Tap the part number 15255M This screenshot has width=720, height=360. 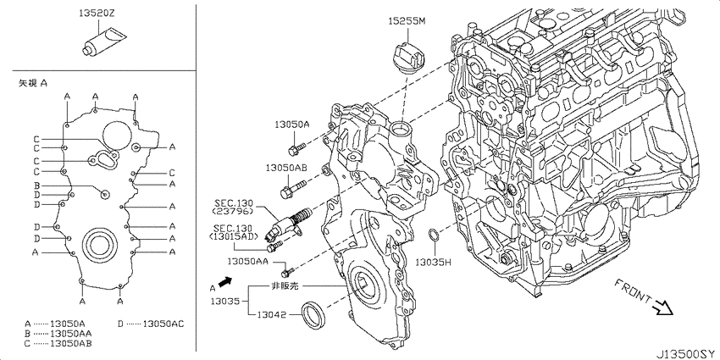click(x=407, y=21)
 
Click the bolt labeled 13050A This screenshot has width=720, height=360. click(x=297, y=148)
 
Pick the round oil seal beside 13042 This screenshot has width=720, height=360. click(x=313, y=315)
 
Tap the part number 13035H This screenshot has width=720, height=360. click(x=434, y=263)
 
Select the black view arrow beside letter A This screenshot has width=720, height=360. click(x=224, y=282)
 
